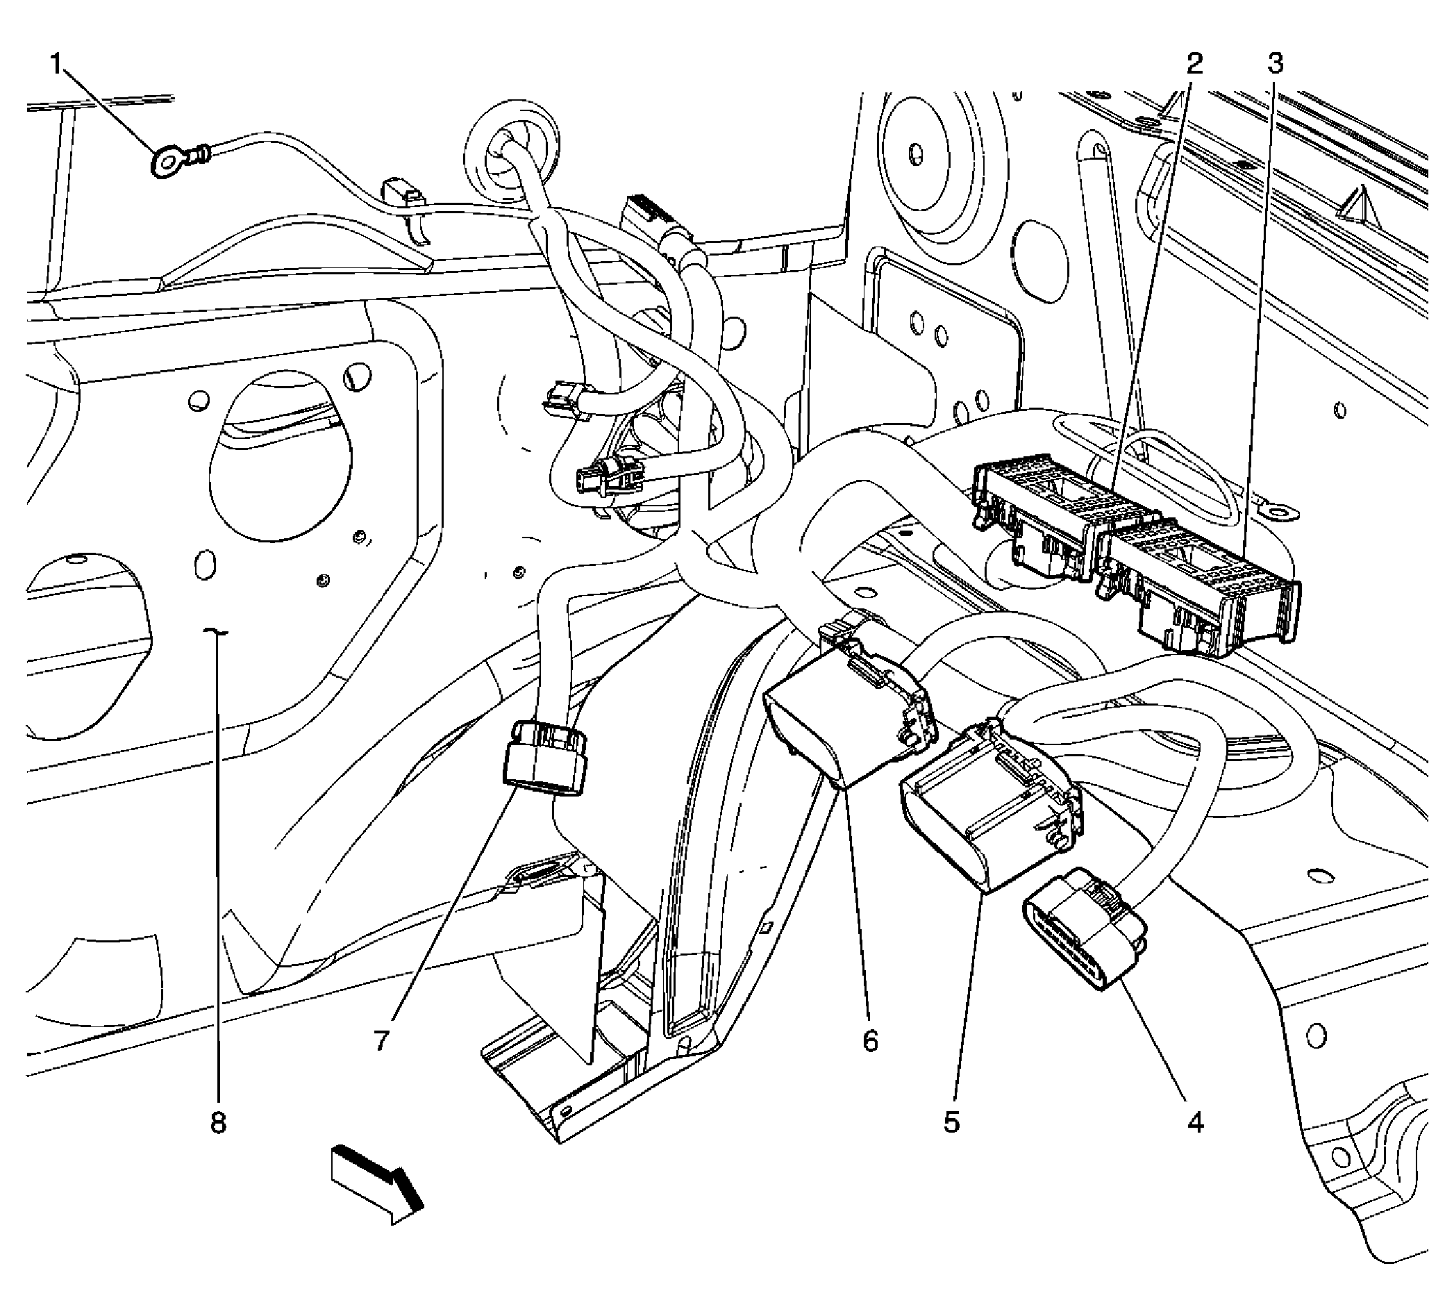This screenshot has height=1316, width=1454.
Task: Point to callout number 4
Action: [x=1195, y=1122]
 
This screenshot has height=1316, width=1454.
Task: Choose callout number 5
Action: [x=951, y=1122]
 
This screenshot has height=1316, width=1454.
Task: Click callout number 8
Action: [x=218, y=1122]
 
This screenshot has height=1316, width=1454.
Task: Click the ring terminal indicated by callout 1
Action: [x=167, y=162]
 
